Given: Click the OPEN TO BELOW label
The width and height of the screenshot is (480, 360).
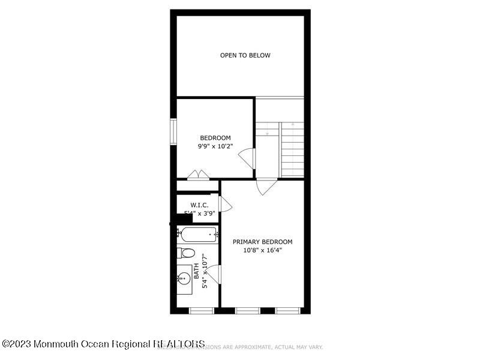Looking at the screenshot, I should (x=245, y=55).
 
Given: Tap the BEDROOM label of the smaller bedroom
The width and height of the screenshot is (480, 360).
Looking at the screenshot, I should (x=215, y=138).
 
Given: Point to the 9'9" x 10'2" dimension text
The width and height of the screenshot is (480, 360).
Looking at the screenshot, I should (x=215, y=146).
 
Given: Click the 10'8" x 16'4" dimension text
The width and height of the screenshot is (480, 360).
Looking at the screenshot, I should (x=263, y=250).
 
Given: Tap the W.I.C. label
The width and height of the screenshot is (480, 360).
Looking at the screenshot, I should (x=199, y=205).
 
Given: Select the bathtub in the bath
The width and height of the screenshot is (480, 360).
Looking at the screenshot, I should (x=199, y=235).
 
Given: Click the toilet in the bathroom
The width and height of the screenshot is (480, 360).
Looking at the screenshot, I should (x=185, y=253).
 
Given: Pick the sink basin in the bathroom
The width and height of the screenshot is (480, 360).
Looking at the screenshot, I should (x=184, y=278).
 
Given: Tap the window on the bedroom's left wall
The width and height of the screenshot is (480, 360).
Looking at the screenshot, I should (x=173, y=131).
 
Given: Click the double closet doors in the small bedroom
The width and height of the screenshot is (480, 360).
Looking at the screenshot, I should (x=197, y=175).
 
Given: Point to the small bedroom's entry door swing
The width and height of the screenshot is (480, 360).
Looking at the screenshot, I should (x=247, y=158).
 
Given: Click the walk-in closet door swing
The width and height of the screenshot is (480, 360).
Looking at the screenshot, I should (x=225, y=204).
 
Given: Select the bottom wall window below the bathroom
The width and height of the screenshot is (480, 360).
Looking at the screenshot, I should (x=201, y=311).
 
